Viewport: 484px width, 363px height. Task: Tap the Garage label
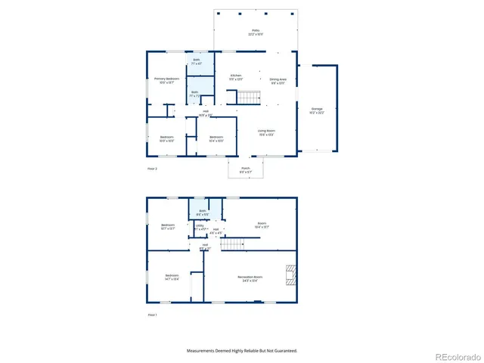317,110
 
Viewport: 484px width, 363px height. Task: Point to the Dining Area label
278,81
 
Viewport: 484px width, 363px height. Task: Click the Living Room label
266,132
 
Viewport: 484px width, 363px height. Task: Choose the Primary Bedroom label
167,80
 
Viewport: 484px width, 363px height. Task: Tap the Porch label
246,169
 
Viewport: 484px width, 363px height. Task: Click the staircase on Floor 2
248,97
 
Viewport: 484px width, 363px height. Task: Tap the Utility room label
200,227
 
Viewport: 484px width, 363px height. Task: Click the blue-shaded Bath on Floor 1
203,212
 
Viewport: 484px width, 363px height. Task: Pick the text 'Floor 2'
152,169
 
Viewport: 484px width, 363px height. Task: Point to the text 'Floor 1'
152,314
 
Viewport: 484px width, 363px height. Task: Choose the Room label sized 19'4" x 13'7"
262,225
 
